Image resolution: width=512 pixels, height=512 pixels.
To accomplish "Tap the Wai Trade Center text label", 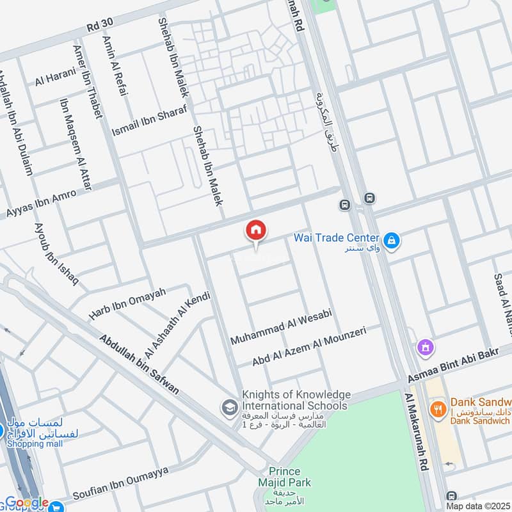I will (336, 237).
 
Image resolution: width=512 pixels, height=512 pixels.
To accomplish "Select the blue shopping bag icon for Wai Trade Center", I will (392, 241).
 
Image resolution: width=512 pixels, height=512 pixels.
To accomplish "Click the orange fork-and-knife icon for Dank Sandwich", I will (438, 409).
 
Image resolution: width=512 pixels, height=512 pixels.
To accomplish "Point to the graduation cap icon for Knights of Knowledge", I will (228, 406).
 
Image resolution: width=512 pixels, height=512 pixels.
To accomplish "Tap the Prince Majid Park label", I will (285, 476).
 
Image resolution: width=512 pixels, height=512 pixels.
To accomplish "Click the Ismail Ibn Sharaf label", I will (149, 119).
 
